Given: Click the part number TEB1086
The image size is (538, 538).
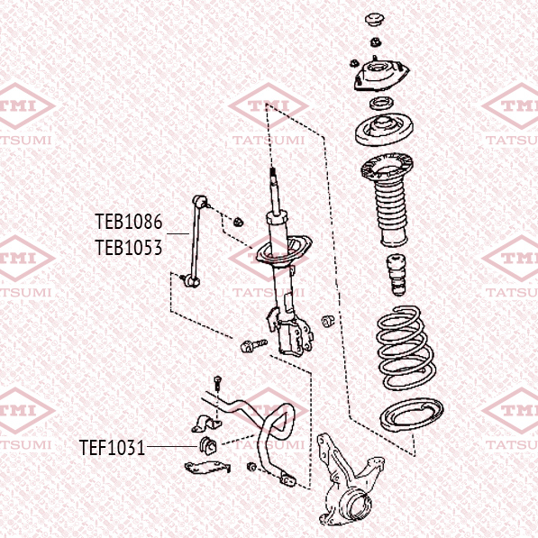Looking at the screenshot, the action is (x=128, y=222).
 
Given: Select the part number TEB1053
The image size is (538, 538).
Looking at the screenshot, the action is (x=128, y=248).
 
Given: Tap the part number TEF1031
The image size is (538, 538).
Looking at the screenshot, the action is (x=113, y=447).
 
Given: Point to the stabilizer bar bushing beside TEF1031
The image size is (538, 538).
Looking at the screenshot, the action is (x=208, y=446).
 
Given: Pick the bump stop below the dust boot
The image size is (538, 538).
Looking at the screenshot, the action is (x=397, y=275).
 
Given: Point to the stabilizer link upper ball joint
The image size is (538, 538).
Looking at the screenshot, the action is (x=200, y=202).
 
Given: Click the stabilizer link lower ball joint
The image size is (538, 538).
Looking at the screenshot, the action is (x=190, y=280).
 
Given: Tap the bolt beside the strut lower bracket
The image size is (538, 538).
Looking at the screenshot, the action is (x=253, y=345).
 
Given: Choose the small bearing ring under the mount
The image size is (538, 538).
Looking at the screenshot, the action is (x=381, y=103).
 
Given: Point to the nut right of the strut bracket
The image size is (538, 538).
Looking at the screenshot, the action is (x=328, y=321).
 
